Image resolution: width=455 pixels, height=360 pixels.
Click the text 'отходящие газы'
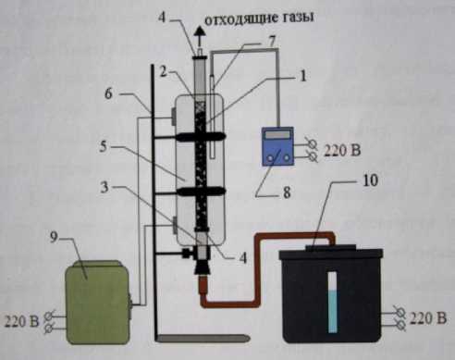point(259,19)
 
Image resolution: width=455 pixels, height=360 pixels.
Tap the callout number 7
point(272,42)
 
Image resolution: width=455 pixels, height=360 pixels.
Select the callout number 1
point(303,76)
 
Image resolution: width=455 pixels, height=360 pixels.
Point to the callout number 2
point(163,72)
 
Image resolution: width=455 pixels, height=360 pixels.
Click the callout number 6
point(108,93)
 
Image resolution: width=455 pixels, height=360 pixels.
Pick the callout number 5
point(103,146)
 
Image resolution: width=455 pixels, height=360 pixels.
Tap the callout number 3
point(105,187)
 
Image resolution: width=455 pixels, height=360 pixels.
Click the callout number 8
point(287,193)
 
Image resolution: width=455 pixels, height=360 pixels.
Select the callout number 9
point(54,238)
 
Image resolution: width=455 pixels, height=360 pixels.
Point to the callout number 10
point(370,180)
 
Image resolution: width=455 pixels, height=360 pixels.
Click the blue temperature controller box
point(277,146)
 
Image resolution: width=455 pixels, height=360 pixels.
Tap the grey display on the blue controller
point(277,134)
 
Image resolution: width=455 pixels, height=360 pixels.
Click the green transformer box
point(97,303)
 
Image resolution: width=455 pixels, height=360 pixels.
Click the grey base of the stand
point(203,338)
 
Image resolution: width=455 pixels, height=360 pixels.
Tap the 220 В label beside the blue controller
point(342,151)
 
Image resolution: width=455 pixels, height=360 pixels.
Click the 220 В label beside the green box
point(21,321)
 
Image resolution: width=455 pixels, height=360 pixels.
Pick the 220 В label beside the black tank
point(428,317)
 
